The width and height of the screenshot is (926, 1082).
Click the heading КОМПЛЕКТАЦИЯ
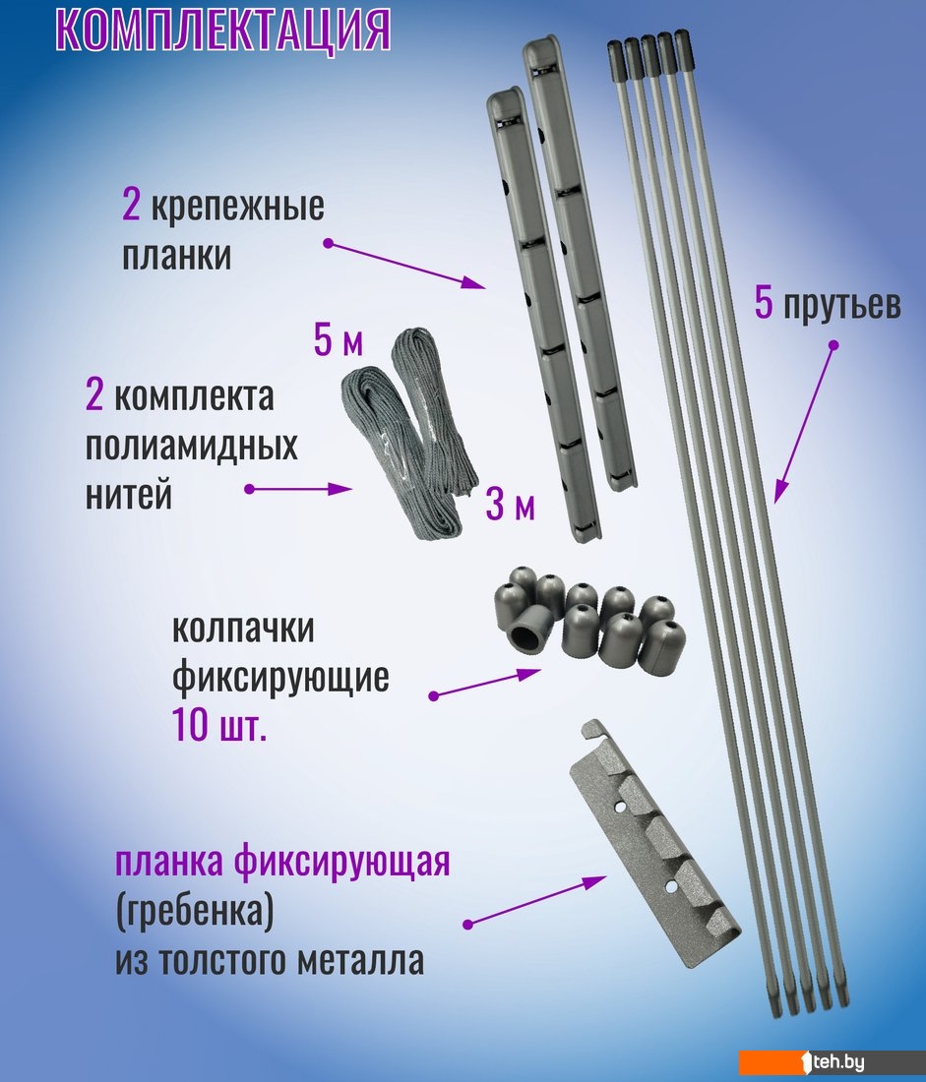tap(223, 29)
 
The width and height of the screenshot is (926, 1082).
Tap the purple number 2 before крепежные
tap(131, 205)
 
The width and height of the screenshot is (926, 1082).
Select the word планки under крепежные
tap(176, 256)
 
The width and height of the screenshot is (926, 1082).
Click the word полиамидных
tap(191, 448)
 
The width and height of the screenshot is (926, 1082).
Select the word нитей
tap(129, 495)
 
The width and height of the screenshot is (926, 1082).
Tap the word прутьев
tap(841, 304)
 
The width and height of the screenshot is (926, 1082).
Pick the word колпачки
tap(242, 629)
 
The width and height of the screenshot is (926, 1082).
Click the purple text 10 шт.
tap(218, 726)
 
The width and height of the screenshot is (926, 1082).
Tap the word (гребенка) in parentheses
tap(194, 912)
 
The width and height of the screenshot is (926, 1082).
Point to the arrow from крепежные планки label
tap(406, 265)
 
